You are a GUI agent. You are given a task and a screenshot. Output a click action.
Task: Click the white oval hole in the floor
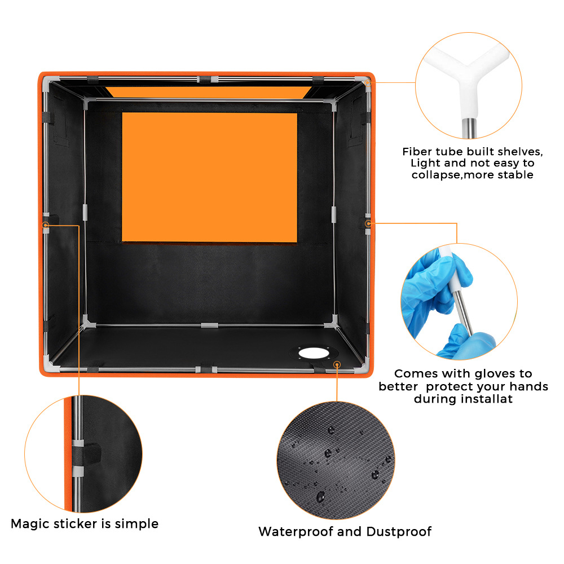coord(314,353)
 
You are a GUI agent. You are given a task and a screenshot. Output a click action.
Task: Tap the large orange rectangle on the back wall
coord(210,177)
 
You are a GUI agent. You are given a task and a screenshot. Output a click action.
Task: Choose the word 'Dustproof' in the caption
coord(399,532)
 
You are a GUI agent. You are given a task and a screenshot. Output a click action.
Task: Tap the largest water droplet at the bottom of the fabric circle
coord(320,497)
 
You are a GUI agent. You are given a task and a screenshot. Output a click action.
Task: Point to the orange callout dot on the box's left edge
coord(46,225)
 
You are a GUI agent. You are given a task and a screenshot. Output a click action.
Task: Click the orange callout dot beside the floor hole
coord(337,365)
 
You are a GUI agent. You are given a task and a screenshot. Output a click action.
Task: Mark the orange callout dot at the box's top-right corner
coord(368,83)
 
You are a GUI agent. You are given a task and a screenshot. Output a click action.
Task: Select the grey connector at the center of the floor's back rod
coord(209,325)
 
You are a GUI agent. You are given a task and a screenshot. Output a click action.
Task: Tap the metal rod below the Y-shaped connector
coord(469,127)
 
